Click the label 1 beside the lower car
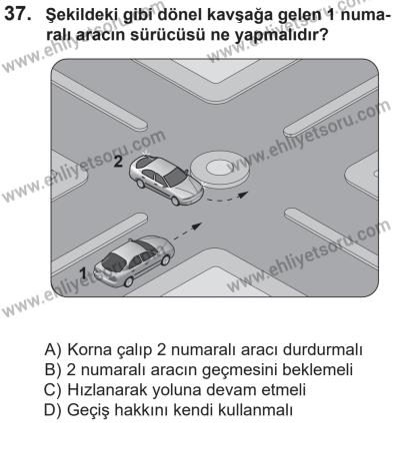[x=85, y=268]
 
